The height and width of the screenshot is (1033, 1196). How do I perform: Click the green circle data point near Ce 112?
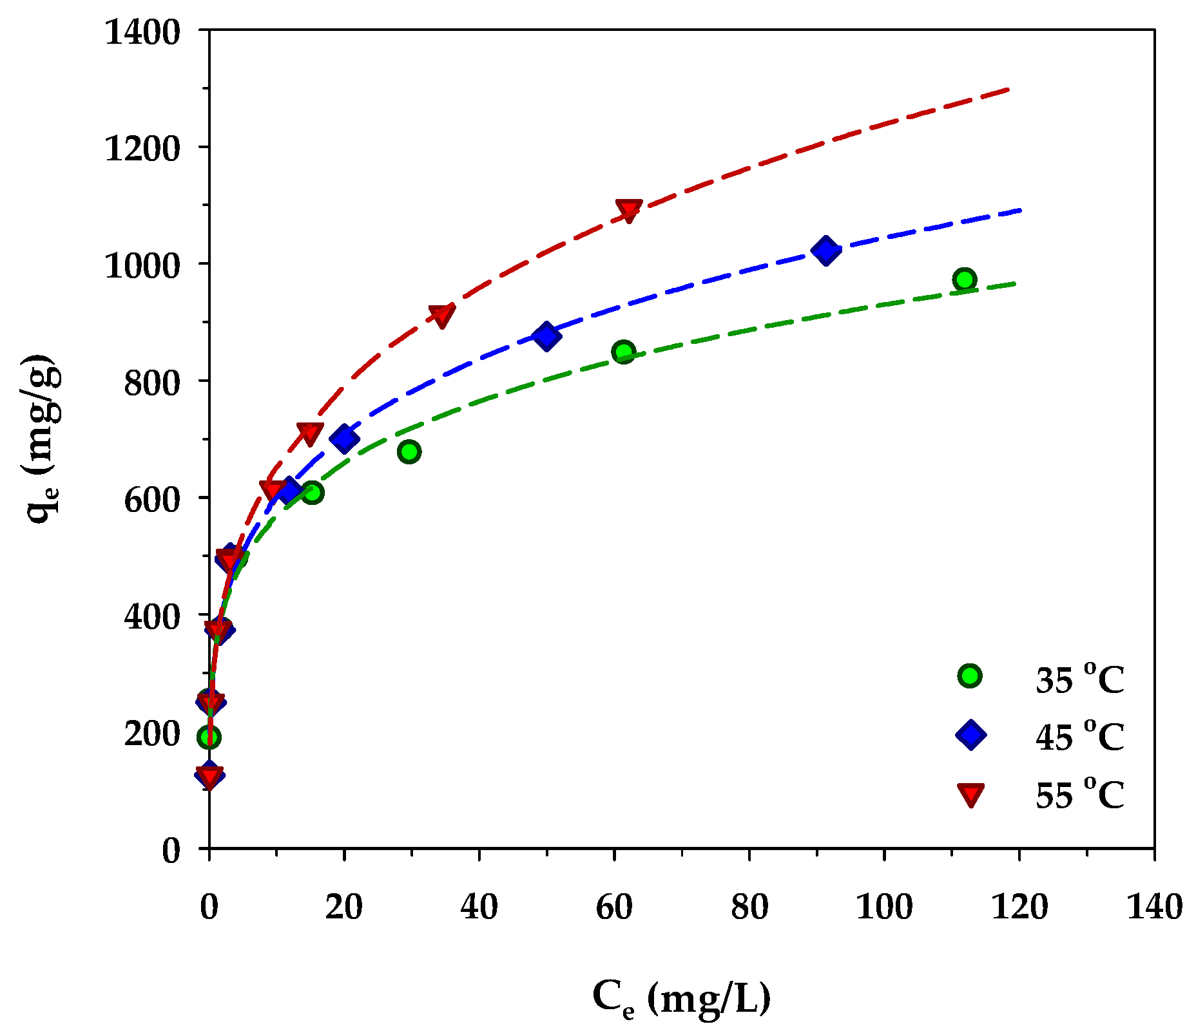(x=964, y=279)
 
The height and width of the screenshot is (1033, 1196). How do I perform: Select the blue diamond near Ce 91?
(x=825, y=250)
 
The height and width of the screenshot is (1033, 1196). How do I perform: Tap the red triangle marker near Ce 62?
(x=628, y=209)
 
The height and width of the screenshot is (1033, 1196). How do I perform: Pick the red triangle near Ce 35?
(x=442, y=315)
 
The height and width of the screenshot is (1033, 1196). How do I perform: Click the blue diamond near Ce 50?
(x=546, y=336)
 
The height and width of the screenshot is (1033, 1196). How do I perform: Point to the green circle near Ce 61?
(x=624, y=352)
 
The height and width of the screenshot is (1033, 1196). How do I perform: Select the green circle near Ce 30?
(x=409, y=451)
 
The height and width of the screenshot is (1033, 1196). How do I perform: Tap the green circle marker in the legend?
(x=970, y=676)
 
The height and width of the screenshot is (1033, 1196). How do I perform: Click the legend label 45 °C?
(x=1079, y=736)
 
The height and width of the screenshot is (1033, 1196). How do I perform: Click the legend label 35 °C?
(x=1079, y=678)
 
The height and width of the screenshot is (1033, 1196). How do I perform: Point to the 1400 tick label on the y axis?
(x=142, y=32)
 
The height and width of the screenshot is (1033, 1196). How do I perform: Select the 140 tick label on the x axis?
(x=1153, y=907)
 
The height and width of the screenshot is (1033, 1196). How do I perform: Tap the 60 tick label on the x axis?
(x=614, y=907)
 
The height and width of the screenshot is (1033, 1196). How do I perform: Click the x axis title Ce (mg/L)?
(x=681, y=998)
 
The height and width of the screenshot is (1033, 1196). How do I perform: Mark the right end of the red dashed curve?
(x=1009, y=89)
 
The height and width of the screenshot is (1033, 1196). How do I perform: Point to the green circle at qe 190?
(x=209, y=737)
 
